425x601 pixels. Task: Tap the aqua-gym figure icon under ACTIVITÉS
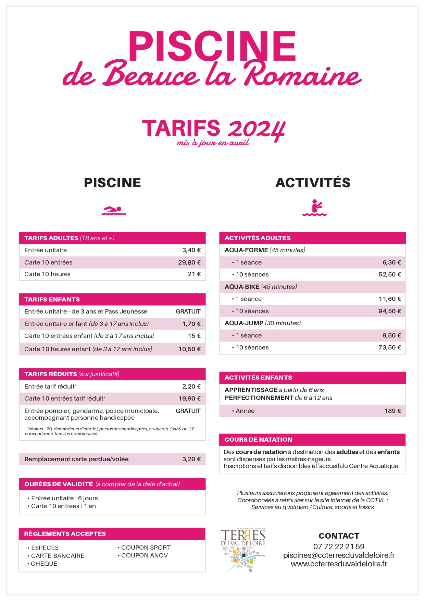point(314,208)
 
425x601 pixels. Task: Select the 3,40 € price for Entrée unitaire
point(191,250)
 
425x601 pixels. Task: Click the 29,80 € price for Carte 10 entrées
point(189,262)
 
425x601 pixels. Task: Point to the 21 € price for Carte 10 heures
point(194,274)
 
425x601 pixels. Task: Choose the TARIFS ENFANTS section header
point(52,299)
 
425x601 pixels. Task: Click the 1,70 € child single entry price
point(191,324)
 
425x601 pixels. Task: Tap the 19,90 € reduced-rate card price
point(189,398)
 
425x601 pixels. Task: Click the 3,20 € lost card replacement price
point(191,459)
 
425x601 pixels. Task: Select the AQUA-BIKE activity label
point(242,287)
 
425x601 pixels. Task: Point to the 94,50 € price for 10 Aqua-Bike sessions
point(389,311)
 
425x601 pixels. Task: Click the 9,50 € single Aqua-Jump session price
point(391,335)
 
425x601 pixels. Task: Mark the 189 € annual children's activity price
point(392,411)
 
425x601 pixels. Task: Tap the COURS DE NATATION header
point(258,440)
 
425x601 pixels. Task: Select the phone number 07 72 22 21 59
point(339,547)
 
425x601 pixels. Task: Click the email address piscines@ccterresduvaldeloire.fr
point(339,555)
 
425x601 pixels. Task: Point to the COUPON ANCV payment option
point(144,555)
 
